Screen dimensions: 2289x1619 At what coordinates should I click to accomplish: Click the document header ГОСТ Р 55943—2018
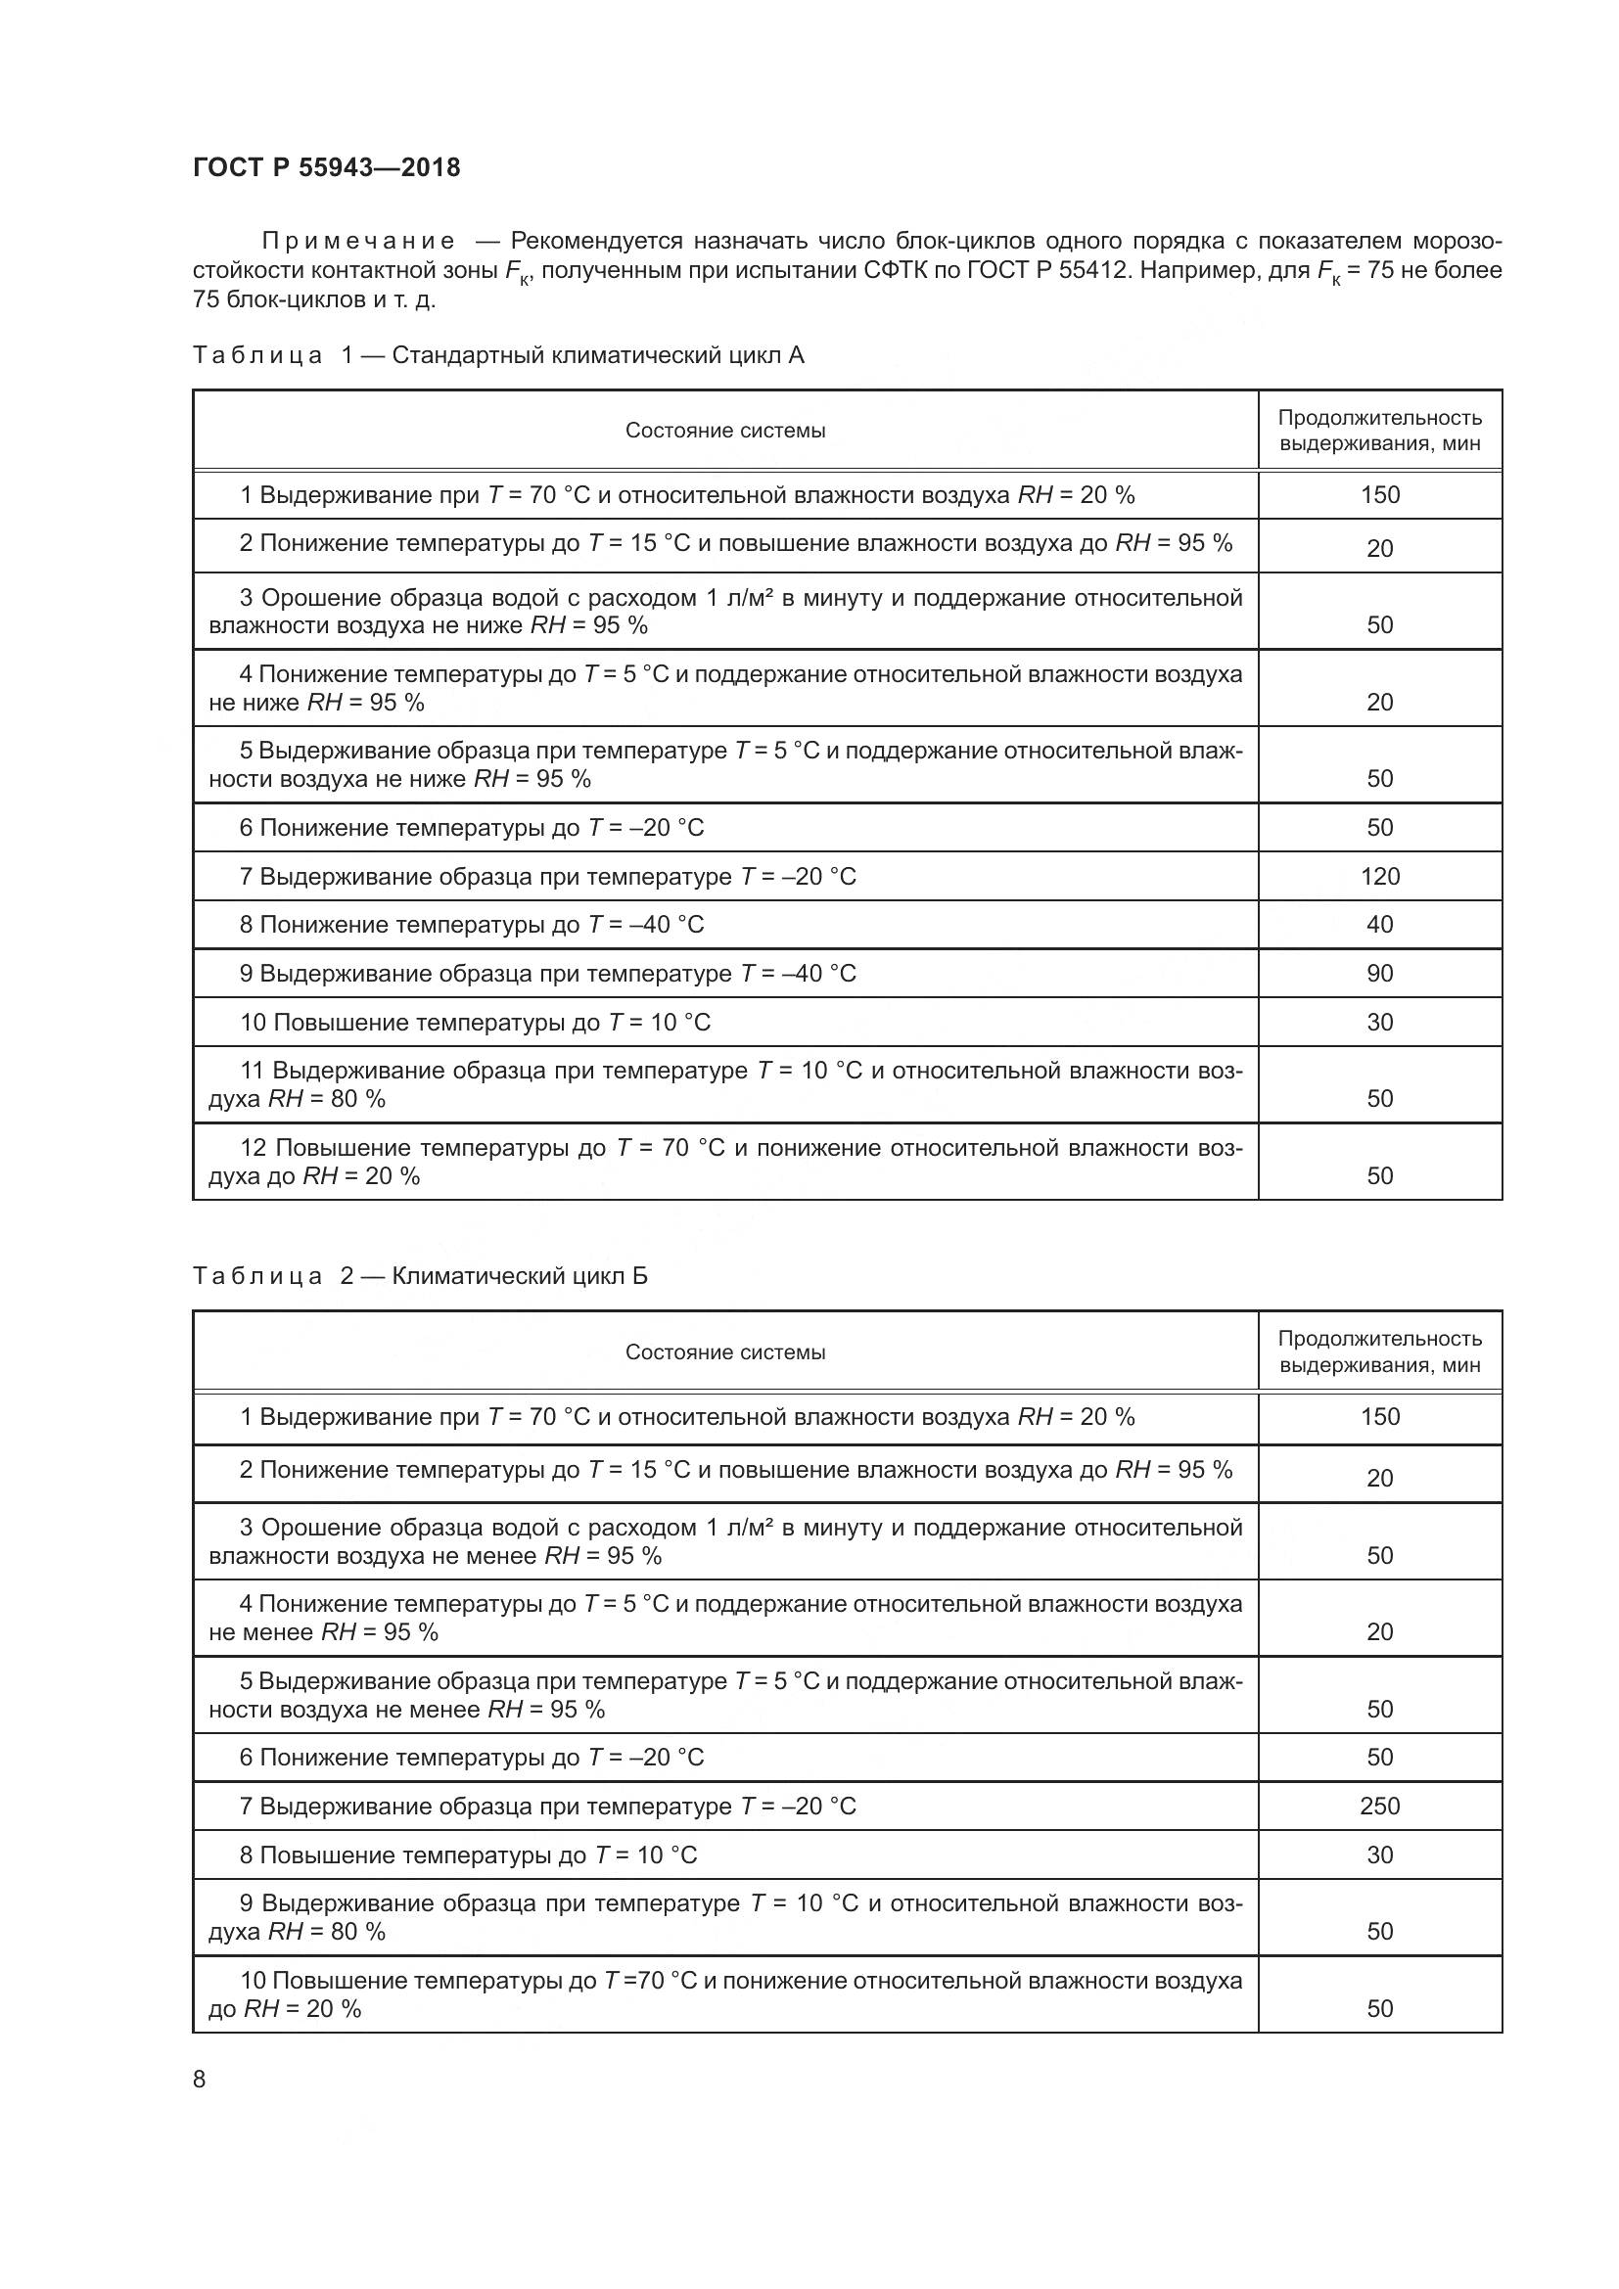click(x=326, y=167)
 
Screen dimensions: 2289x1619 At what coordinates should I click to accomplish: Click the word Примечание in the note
click(x=358, y=242)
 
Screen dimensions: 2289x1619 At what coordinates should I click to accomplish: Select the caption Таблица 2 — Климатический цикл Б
click(x=420, y=1276)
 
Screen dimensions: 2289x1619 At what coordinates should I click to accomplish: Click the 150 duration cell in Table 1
click(x=1380, y=495)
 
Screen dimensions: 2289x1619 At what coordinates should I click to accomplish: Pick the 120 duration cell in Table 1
click(x=1380, y=876)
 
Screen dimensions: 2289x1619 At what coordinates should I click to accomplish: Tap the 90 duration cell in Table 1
click(x=1380, y=974)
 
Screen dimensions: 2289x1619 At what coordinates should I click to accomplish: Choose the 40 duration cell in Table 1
click(x=1380, y=925)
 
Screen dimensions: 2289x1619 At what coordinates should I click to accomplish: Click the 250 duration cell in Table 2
click(x=1380, y=1807)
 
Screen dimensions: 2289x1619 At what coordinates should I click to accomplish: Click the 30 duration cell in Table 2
click(x=1380, y=1855)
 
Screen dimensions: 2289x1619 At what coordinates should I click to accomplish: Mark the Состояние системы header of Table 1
click(x=724, y=431)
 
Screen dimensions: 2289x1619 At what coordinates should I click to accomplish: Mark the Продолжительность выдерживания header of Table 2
click(x=1380, y=1351)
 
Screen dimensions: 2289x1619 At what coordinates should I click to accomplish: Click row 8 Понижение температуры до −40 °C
click(x=472, y=925)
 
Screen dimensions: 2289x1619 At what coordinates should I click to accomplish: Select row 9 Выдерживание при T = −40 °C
click(x=547, y=974)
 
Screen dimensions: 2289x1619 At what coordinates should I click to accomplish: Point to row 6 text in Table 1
click(x=472, y=828)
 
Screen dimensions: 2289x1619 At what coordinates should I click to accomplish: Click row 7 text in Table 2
click(x=547, y=1807)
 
